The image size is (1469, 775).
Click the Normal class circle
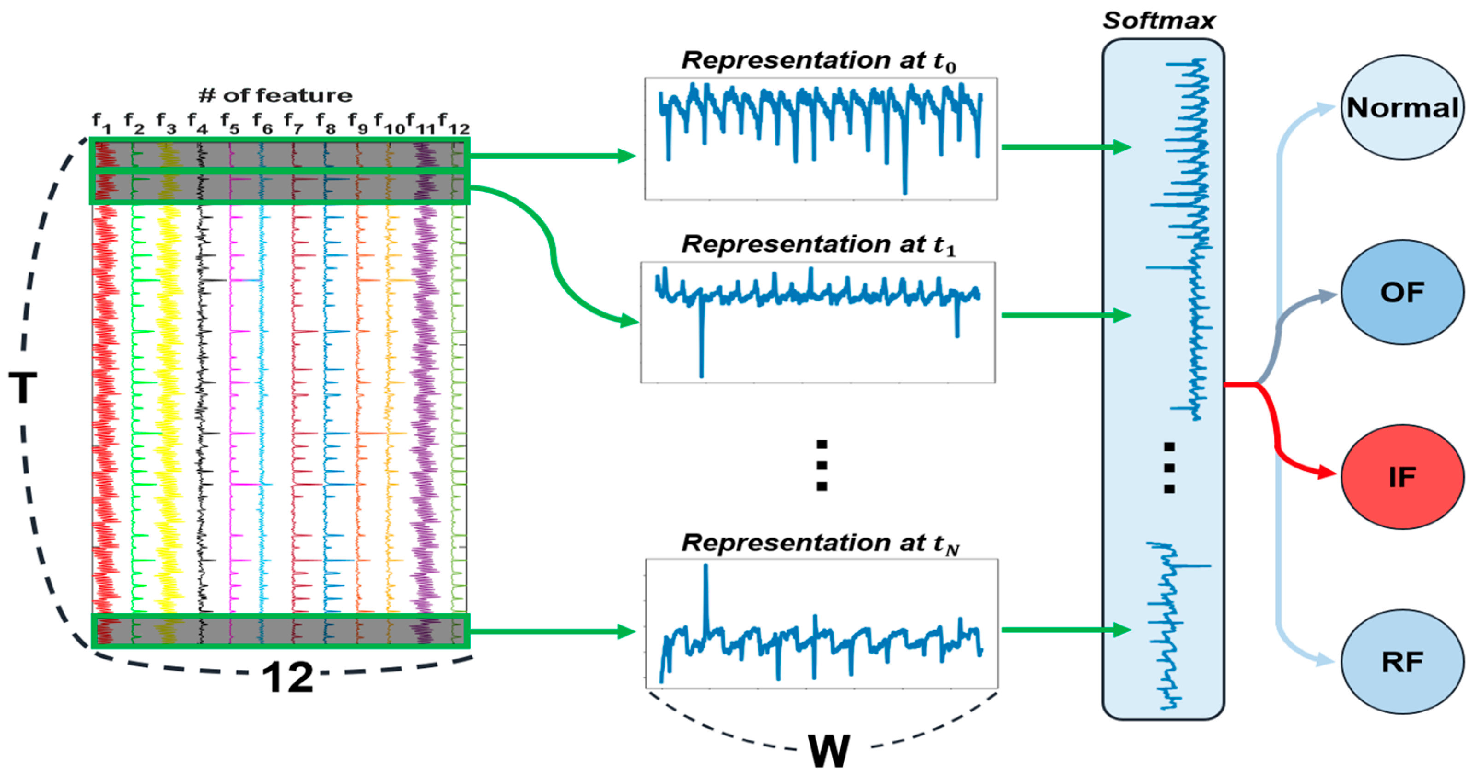pos(1402,107)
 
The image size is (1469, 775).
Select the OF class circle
pos(1402,292)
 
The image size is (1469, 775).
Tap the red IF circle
pos(1402,476)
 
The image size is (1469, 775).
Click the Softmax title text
pos(1159,21)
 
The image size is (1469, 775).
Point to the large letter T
pos(23,387)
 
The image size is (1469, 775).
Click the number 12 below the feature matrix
pos(288,677)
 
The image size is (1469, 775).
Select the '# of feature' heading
pos(275,95)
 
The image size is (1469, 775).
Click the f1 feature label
pos(101,122)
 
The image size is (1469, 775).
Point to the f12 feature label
pos(454,124)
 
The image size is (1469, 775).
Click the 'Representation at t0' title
pos(819,61)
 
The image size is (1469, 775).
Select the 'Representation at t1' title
pos(819,245)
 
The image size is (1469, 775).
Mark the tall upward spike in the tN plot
pos(706,593)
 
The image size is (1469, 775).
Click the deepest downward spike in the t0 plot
pos(904,182)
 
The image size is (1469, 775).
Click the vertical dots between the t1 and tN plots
pos(822,465)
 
